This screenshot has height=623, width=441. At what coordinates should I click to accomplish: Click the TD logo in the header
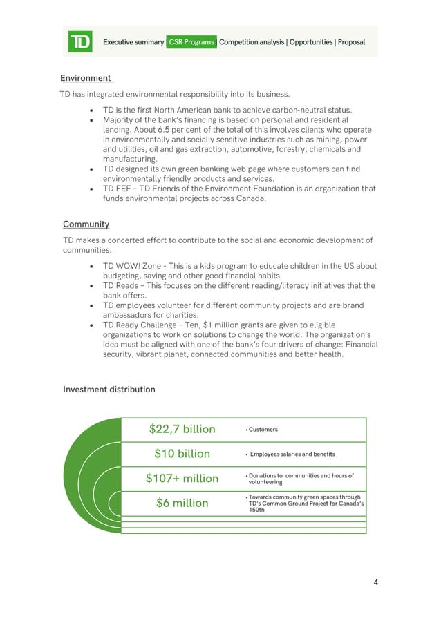tap(79, 42)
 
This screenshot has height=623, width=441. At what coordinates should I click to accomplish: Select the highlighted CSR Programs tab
tap(191, 42)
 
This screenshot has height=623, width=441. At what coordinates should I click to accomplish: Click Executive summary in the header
tap(133, 42)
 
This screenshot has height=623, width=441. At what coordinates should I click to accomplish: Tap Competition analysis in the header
tap(252, 42)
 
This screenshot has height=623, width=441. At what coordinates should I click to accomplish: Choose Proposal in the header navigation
tap(351, 42)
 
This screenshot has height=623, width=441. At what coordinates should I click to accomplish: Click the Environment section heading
tap(86, 78)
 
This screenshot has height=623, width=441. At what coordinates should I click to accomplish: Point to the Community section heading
tap(86, 224)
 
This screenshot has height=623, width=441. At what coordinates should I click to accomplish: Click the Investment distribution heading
tap(109, 390)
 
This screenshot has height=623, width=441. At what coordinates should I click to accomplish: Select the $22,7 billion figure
tap(182, 430)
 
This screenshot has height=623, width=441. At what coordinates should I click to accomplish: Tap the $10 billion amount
tap(182, 454)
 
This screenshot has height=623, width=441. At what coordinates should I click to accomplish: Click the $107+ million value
tap(182, 479)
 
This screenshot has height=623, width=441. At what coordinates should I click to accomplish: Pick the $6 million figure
tap(182, 503)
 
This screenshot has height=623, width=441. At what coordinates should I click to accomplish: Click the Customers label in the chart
tap(263, 430)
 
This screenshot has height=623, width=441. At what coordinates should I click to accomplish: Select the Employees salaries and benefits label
tap(292, 454)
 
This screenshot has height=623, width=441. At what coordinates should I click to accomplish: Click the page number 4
tap(375, 582)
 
